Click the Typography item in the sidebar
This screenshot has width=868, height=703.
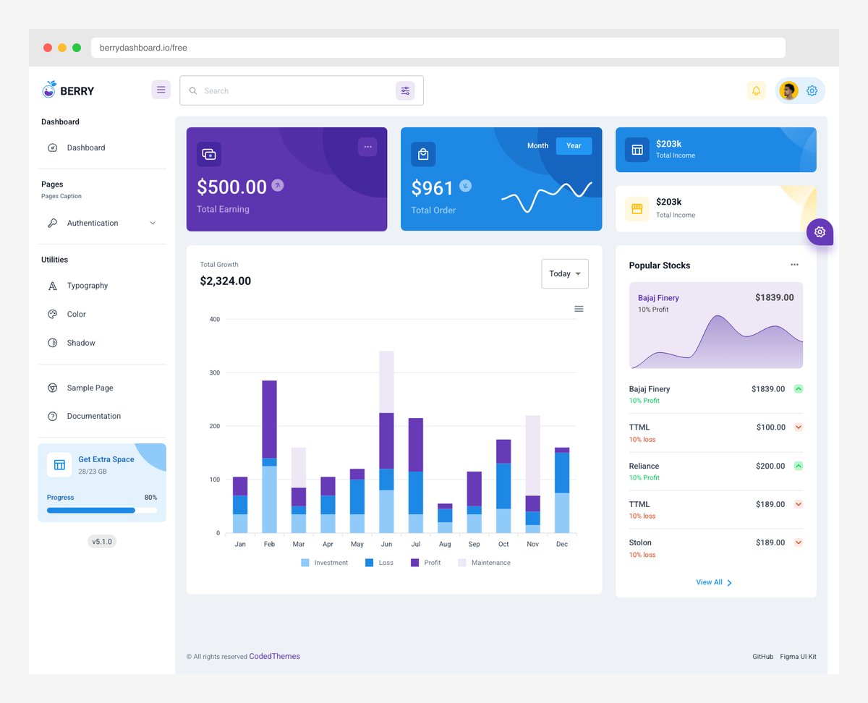(87, 286)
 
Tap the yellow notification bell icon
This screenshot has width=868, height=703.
(756, 91)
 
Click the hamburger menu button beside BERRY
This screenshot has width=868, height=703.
(161, 90)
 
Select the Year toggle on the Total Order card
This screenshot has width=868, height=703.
(574, 146)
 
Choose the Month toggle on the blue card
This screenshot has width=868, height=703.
(537, 146)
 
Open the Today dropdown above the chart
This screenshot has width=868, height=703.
(564, 274)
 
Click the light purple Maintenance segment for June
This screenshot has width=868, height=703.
(386, 381)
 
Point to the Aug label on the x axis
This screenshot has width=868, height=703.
(445, 544)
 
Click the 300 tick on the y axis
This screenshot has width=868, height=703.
(214, 372)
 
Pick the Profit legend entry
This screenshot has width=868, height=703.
(426, 563)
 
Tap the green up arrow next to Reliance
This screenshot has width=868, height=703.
(799, 466)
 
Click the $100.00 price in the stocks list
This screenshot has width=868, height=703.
(770, 427)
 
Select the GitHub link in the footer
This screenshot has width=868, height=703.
(762, 657)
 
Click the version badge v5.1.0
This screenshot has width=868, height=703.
(101, 541)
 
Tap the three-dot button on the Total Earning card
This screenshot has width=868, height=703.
(367, 147)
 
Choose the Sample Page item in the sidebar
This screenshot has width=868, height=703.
(90, 388)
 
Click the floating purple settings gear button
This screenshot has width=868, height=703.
(820, 232)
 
